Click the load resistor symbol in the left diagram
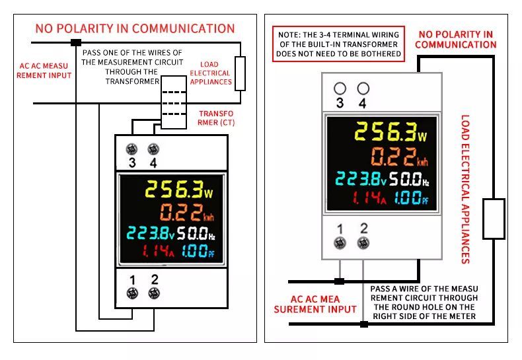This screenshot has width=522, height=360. click(240, 73)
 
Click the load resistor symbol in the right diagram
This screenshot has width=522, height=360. click(493, 218)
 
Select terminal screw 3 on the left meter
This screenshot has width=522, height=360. click(131, 149)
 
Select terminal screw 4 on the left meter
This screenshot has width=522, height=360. click(153, 149)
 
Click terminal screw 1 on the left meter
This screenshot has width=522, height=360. click(132, 293)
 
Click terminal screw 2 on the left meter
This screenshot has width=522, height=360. click(154, 293)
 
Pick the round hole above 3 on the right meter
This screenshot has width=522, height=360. click(340, 88)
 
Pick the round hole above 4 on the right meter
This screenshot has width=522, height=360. click(363, 88)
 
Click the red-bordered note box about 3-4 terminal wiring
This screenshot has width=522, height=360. click(338, 44)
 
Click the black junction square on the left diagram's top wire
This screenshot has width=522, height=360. click(76, 42)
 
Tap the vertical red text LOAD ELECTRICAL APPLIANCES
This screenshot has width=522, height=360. click(465, 189)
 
